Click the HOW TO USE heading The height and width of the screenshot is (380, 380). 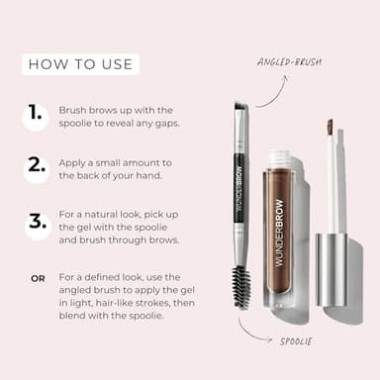click(x=80, y=65)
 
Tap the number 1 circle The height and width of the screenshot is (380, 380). click(x=37, y=116)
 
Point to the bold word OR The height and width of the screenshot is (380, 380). click(x=38, y=278)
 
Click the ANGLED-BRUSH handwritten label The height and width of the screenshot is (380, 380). click(x=289, y=61)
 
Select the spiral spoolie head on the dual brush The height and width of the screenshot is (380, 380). click(x=240, y=286)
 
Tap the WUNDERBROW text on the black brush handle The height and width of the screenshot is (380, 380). click(x=238, y=184)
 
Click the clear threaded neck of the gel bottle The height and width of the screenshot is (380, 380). click(x=282, y=159)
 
